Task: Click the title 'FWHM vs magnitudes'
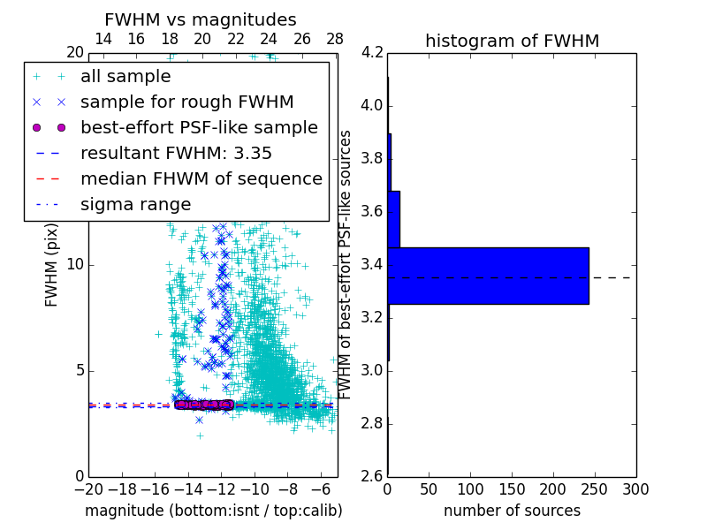coord(201,19)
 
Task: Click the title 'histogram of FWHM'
coord(512,41)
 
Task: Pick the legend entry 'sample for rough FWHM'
coord(186,102)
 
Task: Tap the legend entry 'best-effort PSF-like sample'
coord(199,127)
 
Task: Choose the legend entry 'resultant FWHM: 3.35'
coord(176,153)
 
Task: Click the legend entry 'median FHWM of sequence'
coord(201,178)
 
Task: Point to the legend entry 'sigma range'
coord(135,204)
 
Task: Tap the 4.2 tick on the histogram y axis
coord(371,53)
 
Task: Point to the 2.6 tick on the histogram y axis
coord(371,476)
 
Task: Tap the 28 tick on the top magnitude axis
coord(335,40)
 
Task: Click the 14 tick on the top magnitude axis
coord(103,40)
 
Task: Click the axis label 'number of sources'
coord(512,511)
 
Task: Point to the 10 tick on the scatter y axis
coord(76,264)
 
